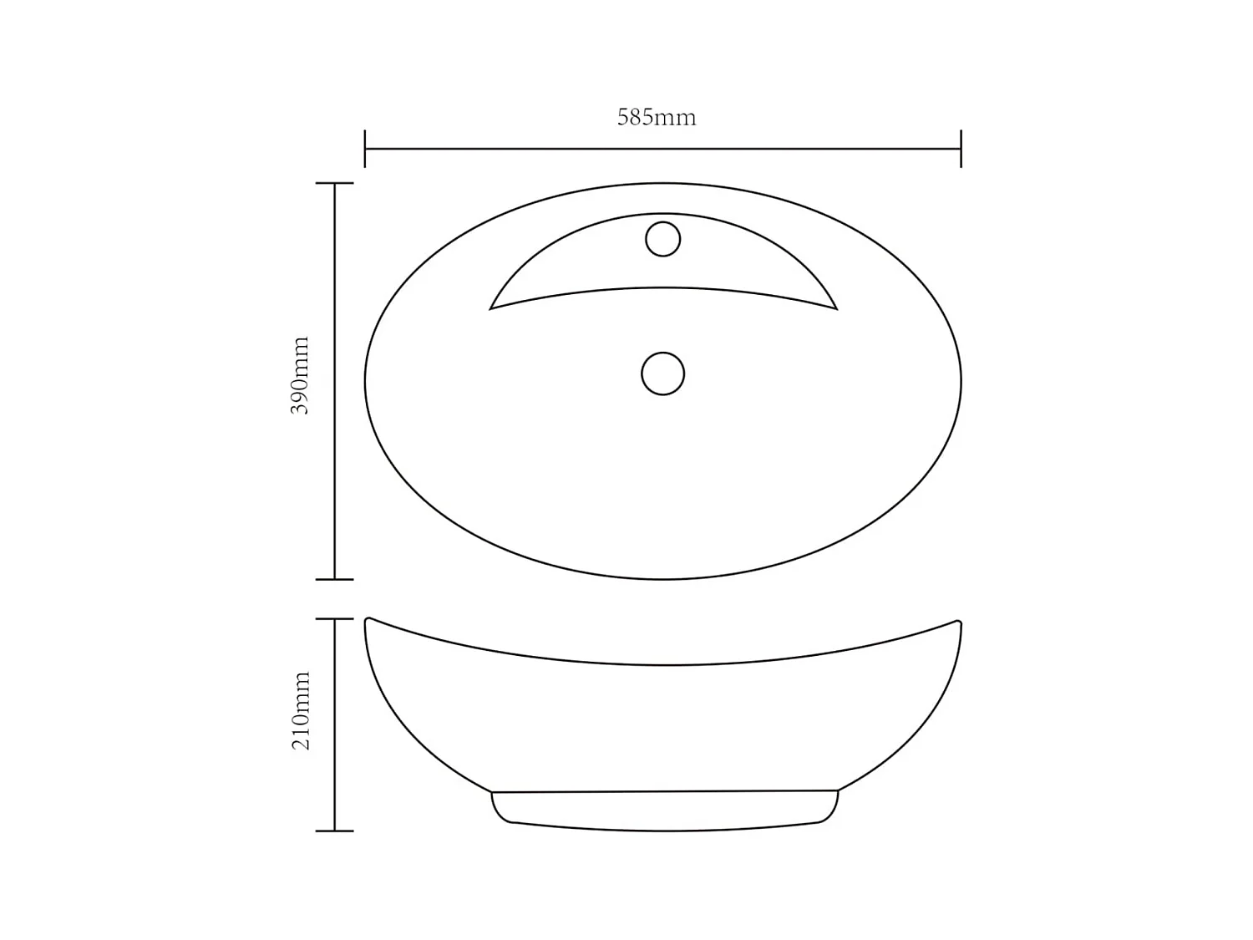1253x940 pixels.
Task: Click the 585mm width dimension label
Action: point(657,118)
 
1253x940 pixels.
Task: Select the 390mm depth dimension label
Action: point(300,376)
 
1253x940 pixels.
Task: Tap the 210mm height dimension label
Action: point(301,710)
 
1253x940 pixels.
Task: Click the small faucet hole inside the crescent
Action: point(662,239)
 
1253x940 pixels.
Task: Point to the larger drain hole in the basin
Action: point(662,373)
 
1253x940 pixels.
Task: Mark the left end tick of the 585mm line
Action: point(365,149)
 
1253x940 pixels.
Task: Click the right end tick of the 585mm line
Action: point(961,149)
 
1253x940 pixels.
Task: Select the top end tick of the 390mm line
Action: point(335,183)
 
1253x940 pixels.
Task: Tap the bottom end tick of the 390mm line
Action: point(335,579)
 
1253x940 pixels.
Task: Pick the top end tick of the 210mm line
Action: point(335,619)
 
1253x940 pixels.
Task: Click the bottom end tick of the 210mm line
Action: point(335,831)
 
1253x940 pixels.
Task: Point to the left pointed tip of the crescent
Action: point(490,308)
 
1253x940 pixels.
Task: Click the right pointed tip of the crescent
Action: point(836,308)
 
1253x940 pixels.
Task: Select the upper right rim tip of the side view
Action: point(958,622)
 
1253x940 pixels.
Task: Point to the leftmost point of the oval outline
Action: point(365,382)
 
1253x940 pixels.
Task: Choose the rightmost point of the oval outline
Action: point(961,382)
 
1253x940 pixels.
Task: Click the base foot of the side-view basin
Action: point(664,810)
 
